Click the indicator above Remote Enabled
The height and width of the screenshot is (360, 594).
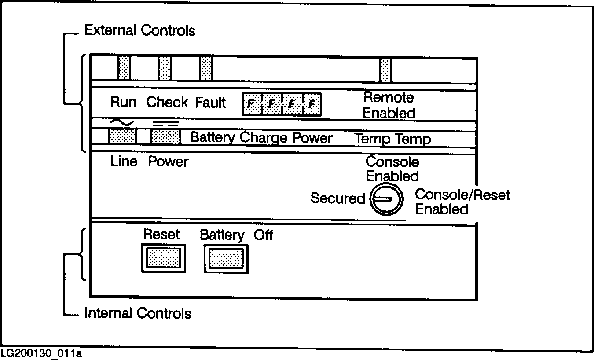(x=385, y=70)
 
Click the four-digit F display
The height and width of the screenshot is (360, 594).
(x=282, y=104)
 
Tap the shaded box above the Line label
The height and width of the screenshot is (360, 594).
(x=122, y=136)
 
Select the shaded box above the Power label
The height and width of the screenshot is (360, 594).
(x=165, y=136)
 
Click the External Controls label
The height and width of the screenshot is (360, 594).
(x=139, y=30)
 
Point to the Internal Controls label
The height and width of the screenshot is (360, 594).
(x=137, y=313)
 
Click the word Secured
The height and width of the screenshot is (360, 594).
(x=337, y=198)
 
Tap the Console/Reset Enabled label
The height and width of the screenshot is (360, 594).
(x=462, y=202)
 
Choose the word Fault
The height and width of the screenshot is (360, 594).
(x=210, y=103)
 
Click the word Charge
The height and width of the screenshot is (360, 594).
(x=263, y=138)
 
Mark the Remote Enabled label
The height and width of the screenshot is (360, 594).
(x=389, y=105)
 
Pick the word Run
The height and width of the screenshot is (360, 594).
(x=123, y=102)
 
